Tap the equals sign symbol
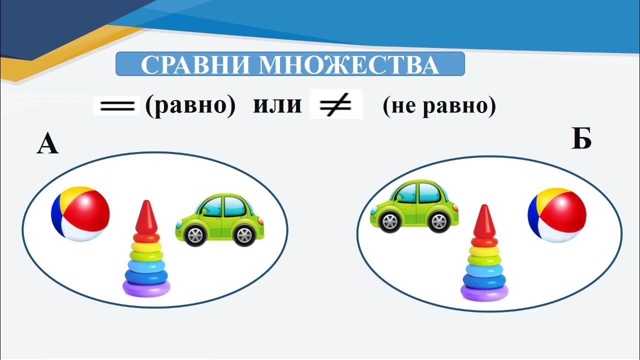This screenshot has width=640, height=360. (117, 106)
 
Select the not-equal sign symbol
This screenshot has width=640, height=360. (335, 105)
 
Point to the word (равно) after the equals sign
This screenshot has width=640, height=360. (190, 106)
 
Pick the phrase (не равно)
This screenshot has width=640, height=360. (439, 106)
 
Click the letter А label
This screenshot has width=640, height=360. (47, 145)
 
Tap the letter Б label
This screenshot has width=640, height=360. (581, 139)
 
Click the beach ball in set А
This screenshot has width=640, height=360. (80, 214)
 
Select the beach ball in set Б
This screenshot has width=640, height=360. (557, 215)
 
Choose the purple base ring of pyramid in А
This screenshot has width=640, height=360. (146, 287)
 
